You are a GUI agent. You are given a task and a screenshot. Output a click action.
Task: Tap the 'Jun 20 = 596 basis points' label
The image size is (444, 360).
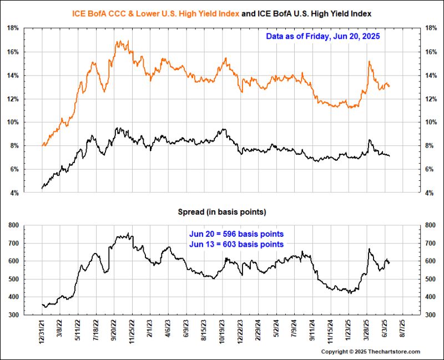pyautogui.click(x=236, y=234)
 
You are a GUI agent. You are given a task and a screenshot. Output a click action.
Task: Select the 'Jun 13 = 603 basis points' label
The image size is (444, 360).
pyautogui.click(x=236, y=244)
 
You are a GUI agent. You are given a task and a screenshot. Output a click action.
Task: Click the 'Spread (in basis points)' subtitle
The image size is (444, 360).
pyautogui.click(x=221, y=211)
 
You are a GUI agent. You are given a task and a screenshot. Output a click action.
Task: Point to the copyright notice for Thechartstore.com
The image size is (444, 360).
pyautogui.click(x=371, y=352)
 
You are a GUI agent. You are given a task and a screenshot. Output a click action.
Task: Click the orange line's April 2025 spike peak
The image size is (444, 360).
pyautogui.click(x=369, y=61)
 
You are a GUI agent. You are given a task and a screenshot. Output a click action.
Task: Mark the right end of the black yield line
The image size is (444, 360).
pyautogui.click(x=390, y=156)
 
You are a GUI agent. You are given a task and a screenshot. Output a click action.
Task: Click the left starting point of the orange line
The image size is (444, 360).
pyautogui.click(x=42, y=145)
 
